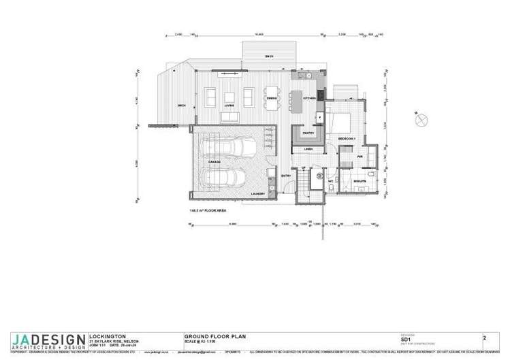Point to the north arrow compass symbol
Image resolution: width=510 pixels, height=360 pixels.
(419, 120)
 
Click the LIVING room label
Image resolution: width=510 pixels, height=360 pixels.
(229, 107)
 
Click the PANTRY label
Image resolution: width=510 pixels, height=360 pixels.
(307, 133)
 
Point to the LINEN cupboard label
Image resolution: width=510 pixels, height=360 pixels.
(308, 149)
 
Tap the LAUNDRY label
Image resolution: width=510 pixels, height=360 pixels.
(257, 193)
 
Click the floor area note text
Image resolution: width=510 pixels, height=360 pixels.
(208, 211)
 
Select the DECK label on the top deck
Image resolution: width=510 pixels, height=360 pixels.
(270, 56)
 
